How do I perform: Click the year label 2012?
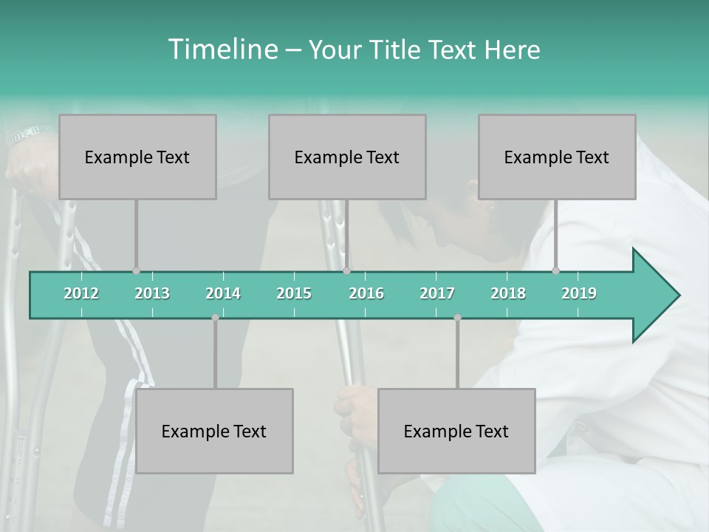[x=81, y=293]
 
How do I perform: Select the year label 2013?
[x=152, y=293]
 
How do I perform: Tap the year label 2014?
[x=223, y=293]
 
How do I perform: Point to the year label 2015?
[x=294, y=293]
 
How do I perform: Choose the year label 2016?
[x=366, y=293]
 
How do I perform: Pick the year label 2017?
[x=437, y=293]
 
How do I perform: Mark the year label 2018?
[x=508, y=293]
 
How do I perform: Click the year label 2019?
[x=579, y=293]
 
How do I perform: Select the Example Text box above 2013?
[x=137, y=157]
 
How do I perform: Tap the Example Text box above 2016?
[x=347, y=157]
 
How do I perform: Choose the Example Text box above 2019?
[x=557, y=157]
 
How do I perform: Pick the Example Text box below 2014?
[x=214, y=431]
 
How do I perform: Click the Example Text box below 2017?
[x=456, y=431]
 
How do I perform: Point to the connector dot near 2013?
[x=136, y=271]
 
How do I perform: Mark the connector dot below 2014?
[x=215, y=318]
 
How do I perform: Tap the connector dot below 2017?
[x=457, y=318]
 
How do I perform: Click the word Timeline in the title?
[x=222, y=50]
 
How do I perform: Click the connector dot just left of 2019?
[x=556, y=270]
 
